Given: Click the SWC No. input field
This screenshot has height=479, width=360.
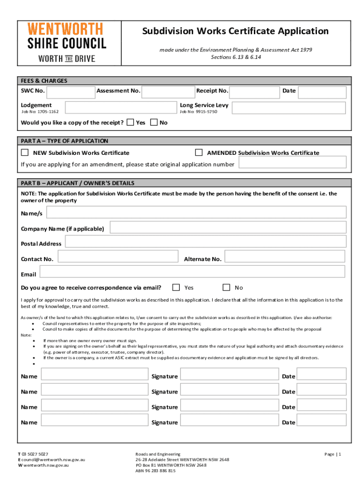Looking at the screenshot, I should (71, 92).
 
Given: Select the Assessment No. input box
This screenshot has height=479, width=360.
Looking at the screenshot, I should (168, 92).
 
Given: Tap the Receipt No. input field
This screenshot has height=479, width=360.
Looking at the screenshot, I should (255, 92).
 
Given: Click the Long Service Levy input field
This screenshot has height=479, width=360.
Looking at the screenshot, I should (289, 109).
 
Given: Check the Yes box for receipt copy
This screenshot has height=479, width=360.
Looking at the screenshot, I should (130, 123).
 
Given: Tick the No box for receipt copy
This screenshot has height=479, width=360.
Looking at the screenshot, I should (154, 123).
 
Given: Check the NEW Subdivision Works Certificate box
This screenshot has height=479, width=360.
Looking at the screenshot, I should (25, 152).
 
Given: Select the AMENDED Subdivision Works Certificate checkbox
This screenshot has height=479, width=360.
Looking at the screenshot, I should (199, 152).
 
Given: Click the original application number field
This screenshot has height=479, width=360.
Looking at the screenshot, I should (292, 162).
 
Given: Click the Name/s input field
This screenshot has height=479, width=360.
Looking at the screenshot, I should (196, 212).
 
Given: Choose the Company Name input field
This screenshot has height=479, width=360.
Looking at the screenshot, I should (228, 228).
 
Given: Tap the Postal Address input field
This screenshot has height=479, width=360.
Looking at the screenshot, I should (205, 241).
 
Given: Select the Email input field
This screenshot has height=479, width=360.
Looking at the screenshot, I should (192, 272).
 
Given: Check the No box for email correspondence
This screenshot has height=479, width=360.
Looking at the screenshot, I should (226, 287).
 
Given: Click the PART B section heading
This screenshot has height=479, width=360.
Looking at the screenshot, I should (77, 183).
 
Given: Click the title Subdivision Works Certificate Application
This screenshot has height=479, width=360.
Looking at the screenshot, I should (236, 31).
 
